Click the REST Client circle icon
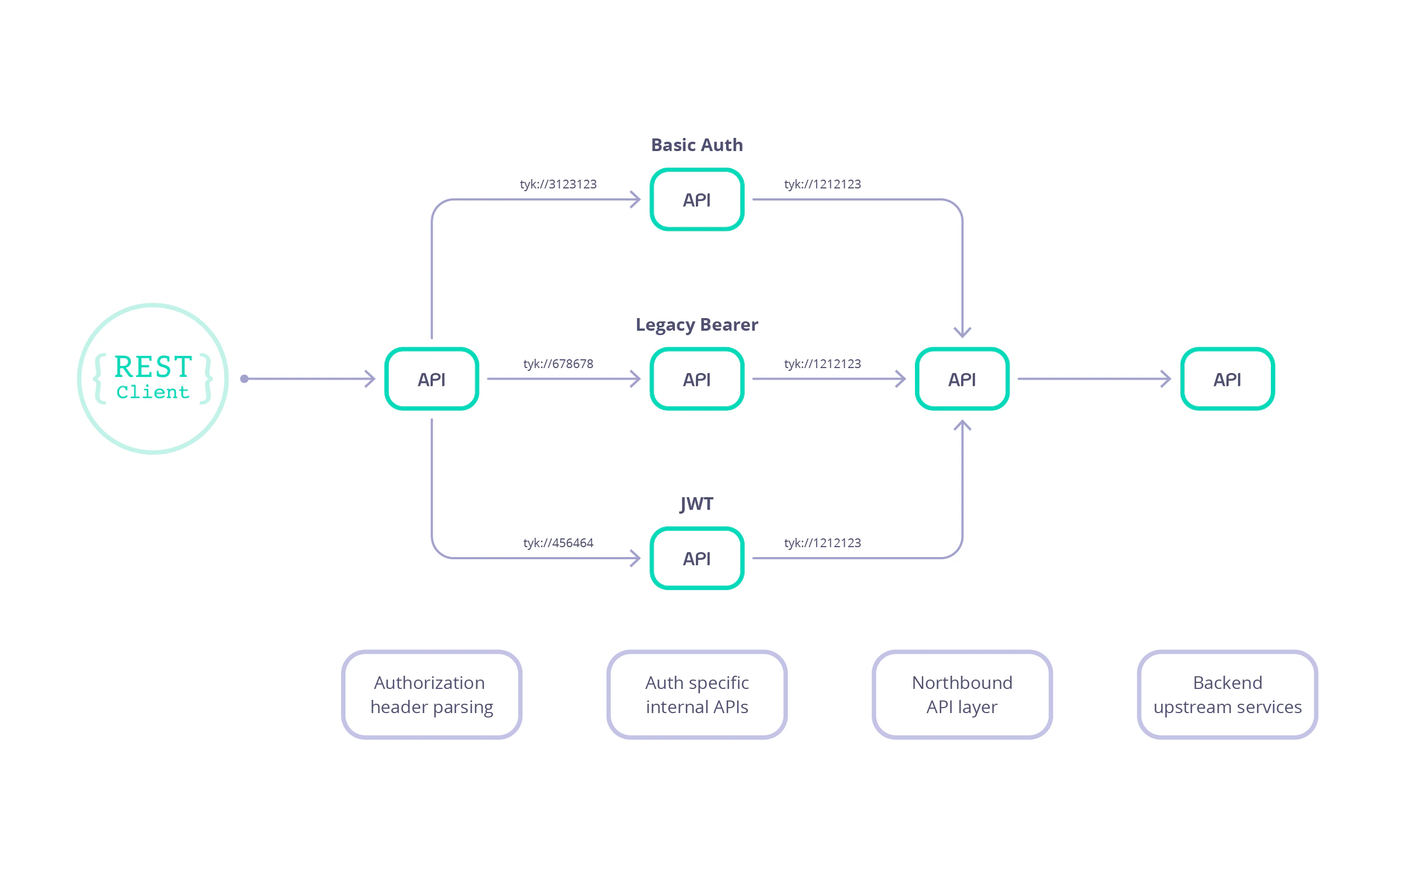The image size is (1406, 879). [153, 379]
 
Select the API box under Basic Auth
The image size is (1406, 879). [696, 199]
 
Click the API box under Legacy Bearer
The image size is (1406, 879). [696, 379]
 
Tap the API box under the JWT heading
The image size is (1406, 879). [696, 558]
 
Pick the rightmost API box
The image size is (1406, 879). [1227, 379]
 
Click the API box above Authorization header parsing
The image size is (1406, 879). [432, 379]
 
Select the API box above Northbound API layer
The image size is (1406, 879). [962, 379]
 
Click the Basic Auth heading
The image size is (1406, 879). [696, 144]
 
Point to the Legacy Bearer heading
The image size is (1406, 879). [696, 324]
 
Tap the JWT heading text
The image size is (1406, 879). [696, 503]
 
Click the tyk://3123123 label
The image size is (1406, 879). [558, 184]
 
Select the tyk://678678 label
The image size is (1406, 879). [558, 364]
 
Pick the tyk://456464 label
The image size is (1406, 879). [558, 543]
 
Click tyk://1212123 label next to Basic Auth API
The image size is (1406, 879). [822, 184]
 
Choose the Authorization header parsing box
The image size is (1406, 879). [432, 694]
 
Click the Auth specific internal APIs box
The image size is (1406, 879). [696, 694]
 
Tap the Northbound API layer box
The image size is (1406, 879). [962, 694]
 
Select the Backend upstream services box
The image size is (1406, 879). [1227, 694]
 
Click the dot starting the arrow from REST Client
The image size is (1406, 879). [244, 379]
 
